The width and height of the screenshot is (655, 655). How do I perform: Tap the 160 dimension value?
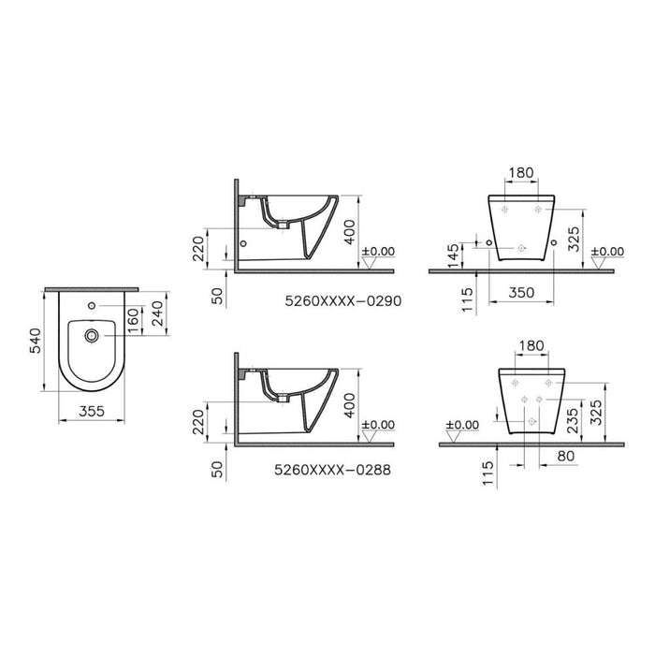click(x=133, y=321)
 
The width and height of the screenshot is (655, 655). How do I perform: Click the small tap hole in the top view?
click(x=92, y=306)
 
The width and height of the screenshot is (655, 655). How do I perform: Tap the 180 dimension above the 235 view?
click(x=531, y=345)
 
